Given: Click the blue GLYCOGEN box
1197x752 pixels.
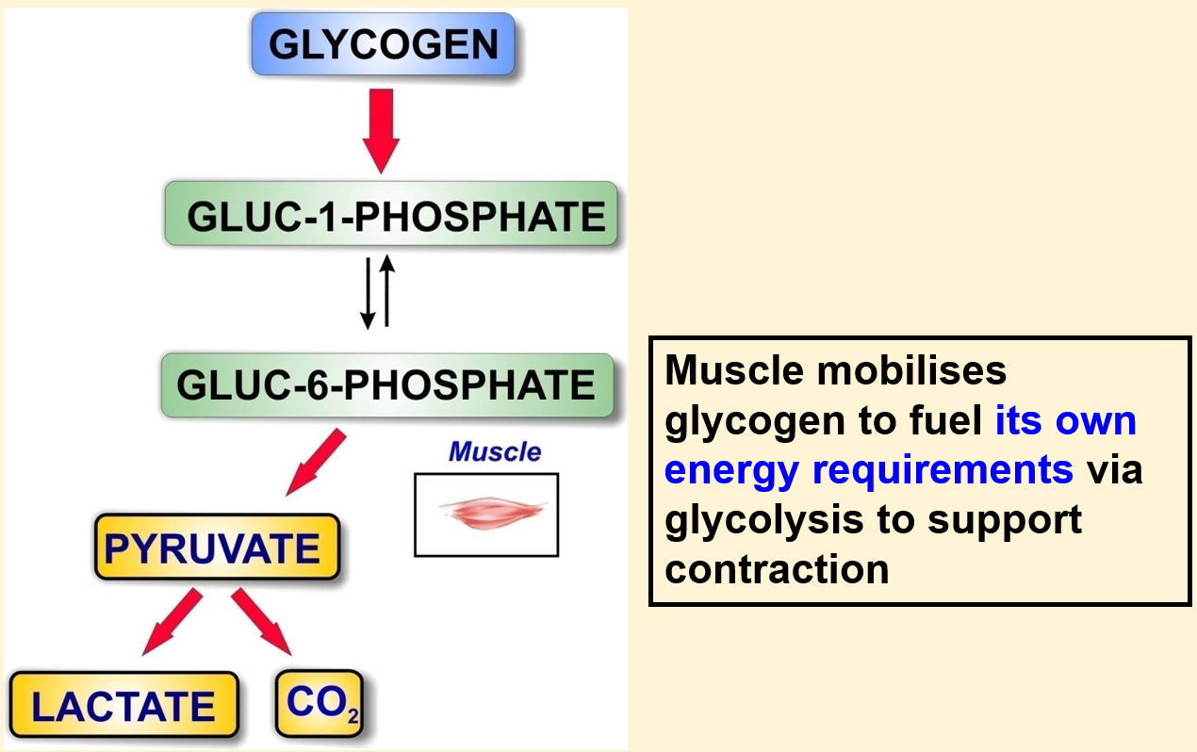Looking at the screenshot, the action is pyautogui.click(x=384, y=44).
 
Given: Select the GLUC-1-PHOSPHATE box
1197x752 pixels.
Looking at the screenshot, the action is pyautogui.click(x=391, y=214).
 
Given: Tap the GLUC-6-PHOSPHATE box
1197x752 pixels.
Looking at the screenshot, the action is pyautogui.click(x=387, y=384).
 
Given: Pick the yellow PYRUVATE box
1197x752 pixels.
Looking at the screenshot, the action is pyautogui.click(x=217, y=547).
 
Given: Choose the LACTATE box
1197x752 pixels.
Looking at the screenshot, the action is pyautogui.click(x=123, y=705).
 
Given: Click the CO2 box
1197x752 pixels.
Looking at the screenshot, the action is pyautogui.click(x=320, y=703).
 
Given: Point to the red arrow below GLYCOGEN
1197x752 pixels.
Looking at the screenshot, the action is pyautogui.click(x=381, y=131).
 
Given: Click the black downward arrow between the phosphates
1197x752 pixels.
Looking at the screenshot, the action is pyautogui.click(x=368, y=293).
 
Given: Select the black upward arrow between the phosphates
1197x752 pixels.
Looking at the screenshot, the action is pyautogui.click(x=387, y=291).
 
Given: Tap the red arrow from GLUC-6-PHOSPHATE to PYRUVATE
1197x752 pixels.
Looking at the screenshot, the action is pyautogui.click(x=316, y=462).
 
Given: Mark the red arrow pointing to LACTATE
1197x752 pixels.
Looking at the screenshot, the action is pyautogui.click(x=172, y=622).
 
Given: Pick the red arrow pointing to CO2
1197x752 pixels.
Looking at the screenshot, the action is pyautogui.click(x=261, y=622).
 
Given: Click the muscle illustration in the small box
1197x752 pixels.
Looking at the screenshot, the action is pyautogui.click(x=493, y=512).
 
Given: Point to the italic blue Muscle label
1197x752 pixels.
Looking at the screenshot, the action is pyautogui.click(x=495, y=451).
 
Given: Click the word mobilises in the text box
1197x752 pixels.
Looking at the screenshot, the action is pyautogui.click(x=911, y=369).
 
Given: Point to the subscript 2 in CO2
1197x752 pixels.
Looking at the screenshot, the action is pyautogui.click(x=353, y=715).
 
